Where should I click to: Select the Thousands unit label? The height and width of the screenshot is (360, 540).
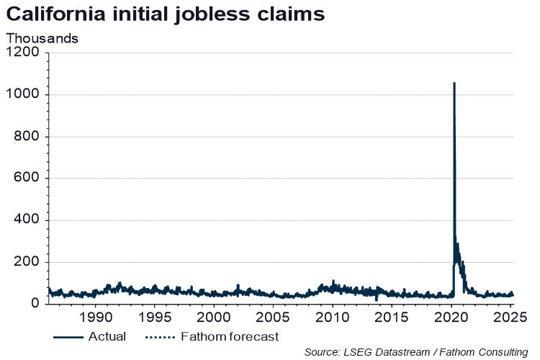coord(42,38)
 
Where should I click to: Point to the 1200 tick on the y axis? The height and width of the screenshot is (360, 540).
coord(24,53)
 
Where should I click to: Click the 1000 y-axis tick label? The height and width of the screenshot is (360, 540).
coord(24,94)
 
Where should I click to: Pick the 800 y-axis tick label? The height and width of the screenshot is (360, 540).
coord(28,136)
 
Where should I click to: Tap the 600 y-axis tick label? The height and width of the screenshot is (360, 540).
coord(28,179)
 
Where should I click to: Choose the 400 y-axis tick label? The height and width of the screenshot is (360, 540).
coord(28,220)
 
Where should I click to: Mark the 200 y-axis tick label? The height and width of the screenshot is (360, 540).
coord(28,262)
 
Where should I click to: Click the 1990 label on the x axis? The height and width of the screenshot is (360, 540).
coord(94,318)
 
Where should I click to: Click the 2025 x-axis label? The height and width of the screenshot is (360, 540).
coord(507,318)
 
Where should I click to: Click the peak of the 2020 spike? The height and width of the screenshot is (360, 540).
coord(454,84)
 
